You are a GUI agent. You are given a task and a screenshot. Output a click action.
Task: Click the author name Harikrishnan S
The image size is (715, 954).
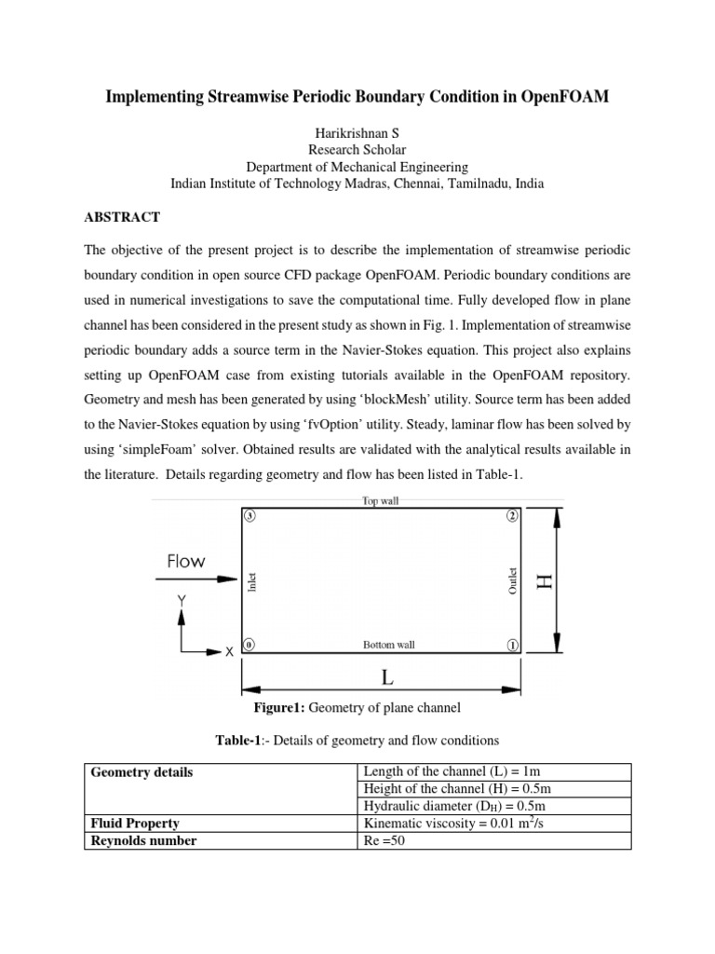(357, 132)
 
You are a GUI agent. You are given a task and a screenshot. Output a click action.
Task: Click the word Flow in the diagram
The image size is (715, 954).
(186, 562)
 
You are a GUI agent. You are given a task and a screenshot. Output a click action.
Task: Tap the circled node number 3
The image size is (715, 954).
(249, 515)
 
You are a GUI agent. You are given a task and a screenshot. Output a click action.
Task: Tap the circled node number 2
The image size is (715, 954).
(512, 515)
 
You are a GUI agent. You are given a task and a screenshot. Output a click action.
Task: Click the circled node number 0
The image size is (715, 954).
(249, 645)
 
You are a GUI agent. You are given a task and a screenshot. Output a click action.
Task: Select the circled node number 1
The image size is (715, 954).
(512, 645)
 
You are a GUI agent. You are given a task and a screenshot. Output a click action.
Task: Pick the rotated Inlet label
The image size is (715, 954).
(251, 582)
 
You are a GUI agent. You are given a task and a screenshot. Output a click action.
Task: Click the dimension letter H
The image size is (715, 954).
(545, 580)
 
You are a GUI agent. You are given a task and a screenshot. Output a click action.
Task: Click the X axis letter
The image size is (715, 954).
(229, 653)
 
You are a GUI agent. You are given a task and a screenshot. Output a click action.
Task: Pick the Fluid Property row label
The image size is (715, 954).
(135, 824)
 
